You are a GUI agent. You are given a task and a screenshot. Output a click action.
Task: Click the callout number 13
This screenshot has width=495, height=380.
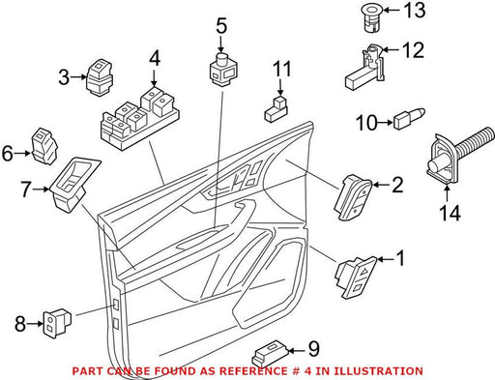pyautogui.click(x=415, y=11)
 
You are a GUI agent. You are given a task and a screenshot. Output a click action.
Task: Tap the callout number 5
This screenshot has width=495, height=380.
pyautogui.click(x=221, y=26)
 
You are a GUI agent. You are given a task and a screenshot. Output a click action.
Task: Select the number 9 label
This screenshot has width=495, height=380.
pyautogui.click(x=313, y=349)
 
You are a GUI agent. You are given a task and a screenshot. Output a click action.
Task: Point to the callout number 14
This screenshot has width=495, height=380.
pyautogui.click(x=451, y=213)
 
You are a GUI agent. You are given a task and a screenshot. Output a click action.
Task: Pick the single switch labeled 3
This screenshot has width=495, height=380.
pyautogui.click(x=100, y=77)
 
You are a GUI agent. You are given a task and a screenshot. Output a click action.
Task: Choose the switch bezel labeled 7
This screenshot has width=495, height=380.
pyautogui.click(x=74, y=185)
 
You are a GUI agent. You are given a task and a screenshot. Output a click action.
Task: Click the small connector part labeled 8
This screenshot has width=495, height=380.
pyautogui.click(x=57, y=323)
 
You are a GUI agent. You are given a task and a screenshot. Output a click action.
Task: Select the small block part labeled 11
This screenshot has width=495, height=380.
pyautogui.click(x=277, y=108)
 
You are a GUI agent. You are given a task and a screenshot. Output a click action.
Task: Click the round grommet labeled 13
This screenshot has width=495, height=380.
pyautogui.click(x=374, y=18)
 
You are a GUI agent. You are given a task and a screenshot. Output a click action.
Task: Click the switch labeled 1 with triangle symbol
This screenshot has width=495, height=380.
pyautogui.click(x=357, y=278)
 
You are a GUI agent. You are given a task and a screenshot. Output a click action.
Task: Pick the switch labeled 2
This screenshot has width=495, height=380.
pyautogui.click(x=354, y=197)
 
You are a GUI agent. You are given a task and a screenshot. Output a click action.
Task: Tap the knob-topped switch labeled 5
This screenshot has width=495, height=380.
pyautogui.click(x=223, y=70)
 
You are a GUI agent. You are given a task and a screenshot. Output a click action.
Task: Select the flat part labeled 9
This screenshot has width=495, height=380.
pyautogui.click(x=270, y=354)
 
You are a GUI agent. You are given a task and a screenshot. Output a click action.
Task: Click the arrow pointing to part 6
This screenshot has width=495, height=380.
pyautogui.click(x=22, y=154)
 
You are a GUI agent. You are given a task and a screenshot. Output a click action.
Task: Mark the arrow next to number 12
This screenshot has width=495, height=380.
pyautogui.click(x=392, y=50)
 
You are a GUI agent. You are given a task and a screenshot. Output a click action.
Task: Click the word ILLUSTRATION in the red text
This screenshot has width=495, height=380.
pyautogui.click(x=378, y=371)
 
